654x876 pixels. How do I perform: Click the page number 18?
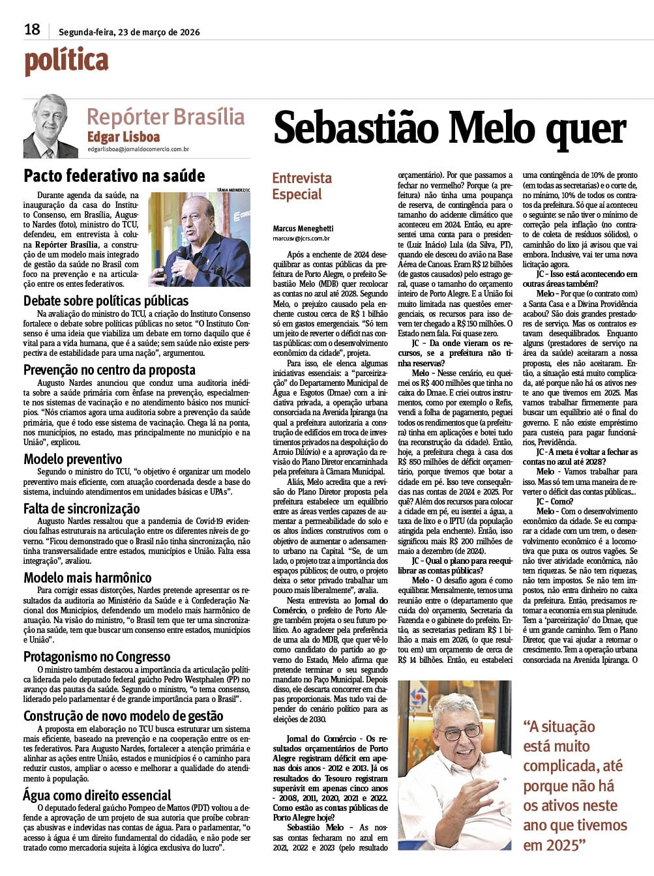(32, 29)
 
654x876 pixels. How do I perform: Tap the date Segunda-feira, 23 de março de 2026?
(129, 32)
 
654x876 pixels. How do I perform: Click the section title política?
(66, 61)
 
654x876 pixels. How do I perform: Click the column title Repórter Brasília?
(166, 117)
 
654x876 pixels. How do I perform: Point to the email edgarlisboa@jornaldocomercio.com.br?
(138, 149)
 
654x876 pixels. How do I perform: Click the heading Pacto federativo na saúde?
(114, 175)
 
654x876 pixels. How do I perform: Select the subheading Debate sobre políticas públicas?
(106, 300)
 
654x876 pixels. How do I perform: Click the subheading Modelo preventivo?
(72, 459)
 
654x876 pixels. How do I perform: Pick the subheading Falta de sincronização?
(82, 508)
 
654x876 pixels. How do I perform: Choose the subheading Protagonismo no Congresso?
(97, 656)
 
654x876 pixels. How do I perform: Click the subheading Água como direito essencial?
(97, 795)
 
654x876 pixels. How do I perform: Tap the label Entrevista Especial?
(301, 186)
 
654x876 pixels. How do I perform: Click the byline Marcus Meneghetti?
(303, 228)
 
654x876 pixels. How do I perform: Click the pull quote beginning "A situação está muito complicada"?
(574, 785)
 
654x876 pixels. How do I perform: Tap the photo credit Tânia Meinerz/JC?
(233, 190)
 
